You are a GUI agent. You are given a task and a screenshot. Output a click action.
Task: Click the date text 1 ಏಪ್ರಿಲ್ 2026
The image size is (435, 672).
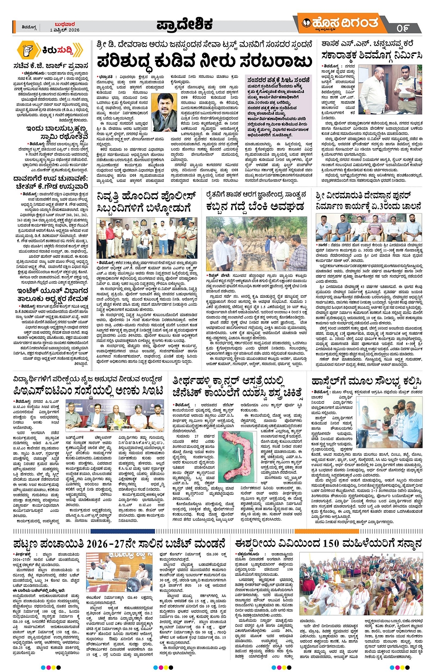(x=64, y=30)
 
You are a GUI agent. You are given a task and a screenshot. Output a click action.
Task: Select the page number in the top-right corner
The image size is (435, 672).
(x=402, y=28)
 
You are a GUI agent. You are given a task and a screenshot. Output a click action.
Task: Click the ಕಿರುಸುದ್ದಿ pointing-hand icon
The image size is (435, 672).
(x=28, y=50)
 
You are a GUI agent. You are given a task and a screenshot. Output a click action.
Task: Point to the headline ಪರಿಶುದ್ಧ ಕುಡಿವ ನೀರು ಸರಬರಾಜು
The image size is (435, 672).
(x=204, y=60)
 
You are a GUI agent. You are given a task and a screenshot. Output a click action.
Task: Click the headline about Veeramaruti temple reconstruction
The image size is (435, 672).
(x=368, y=201)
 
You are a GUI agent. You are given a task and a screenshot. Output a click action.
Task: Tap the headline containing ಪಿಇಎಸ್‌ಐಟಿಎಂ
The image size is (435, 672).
(x=88, y=391)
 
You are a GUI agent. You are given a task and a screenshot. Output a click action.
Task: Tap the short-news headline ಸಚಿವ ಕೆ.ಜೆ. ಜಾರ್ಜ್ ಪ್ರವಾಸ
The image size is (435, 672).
(x=51, y=66)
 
